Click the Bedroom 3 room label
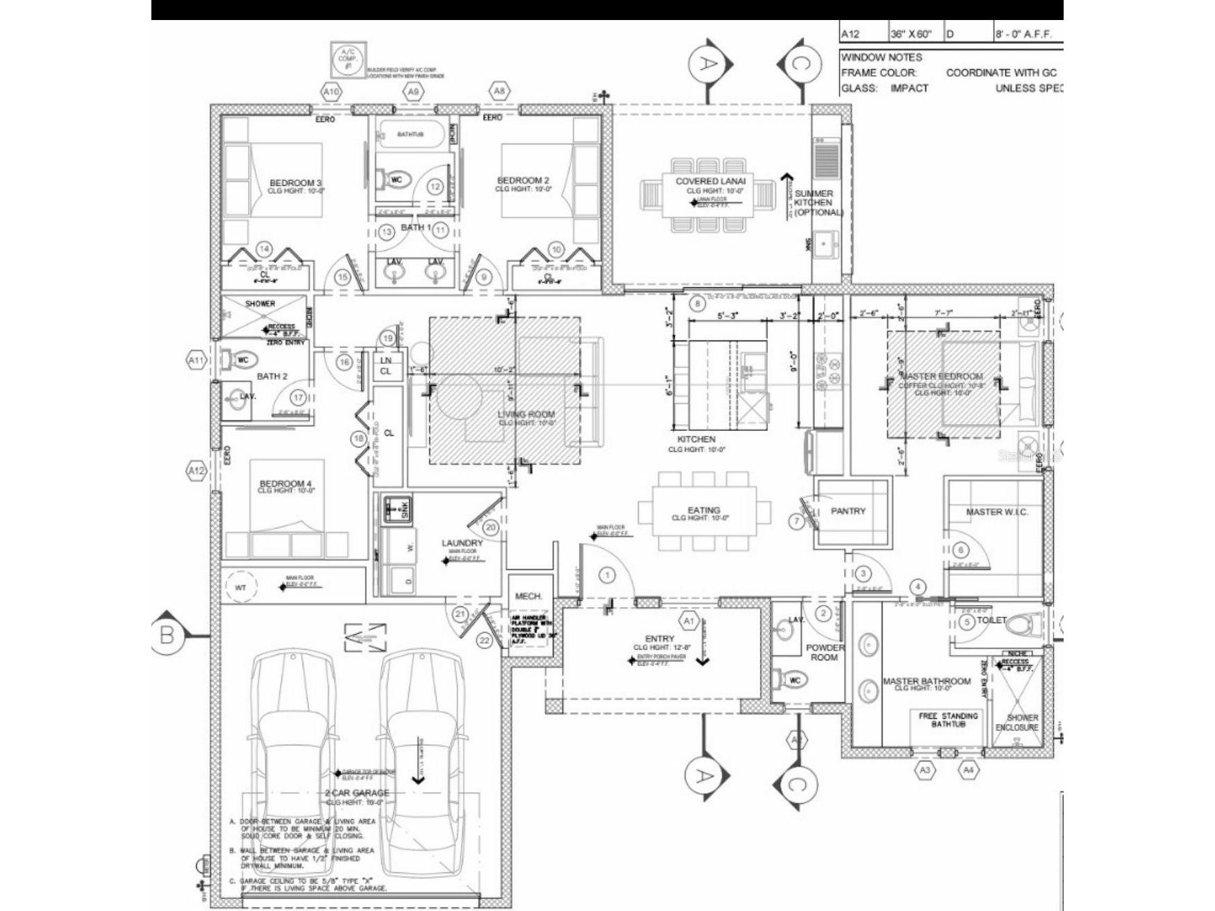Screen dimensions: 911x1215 coord(295,183)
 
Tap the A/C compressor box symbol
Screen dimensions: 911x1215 coord(348,59)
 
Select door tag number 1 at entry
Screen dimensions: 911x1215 coord(607,575)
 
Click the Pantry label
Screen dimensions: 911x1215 coord(847,511)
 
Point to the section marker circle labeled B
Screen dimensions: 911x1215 coord(167,634)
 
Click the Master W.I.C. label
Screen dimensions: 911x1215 coord(997,512)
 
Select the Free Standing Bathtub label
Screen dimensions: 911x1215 coord(948,720)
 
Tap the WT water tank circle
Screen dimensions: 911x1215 coord(241,588)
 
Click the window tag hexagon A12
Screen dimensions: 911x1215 coord(197,471)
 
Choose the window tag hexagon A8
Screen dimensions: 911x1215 coord(499,90)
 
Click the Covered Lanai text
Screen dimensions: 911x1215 coord(710,181)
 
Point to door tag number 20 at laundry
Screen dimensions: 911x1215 coord(490,528)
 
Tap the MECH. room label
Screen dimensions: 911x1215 coord(529,596)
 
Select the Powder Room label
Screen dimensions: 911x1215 coord(825,653)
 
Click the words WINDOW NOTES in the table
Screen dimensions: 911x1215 coord(881,57)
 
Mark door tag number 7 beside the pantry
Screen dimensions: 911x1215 coord(797,521)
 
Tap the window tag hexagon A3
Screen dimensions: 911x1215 coord(925,769)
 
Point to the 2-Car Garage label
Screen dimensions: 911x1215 coord(357,793)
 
